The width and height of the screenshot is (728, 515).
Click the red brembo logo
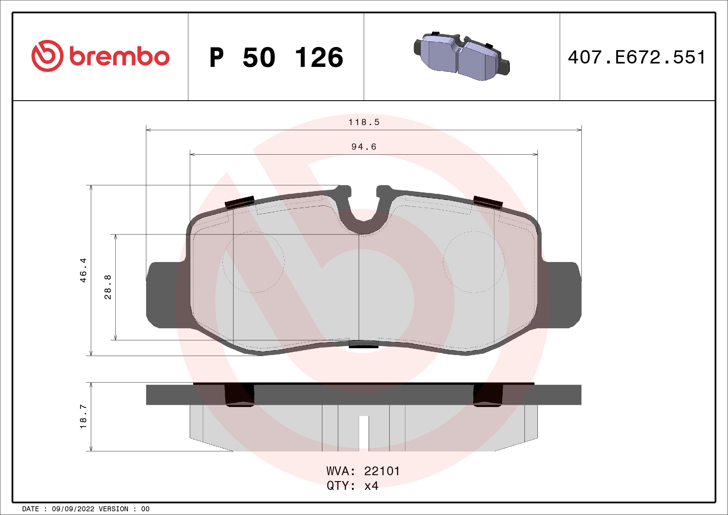(100, 56)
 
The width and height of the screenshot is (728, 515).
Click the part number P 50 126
(276, 57)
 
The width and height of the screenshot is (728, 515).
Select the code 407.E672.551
(637, 57)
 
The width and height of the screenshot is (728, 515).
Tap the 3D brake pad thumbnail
(462, 56)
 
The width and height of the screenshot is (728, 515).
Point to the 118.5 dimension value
(364, 122)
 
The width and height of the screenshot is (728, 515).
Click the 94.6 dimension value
(364, 147)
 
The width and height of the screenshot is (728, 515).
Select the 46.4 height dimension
(83, 270)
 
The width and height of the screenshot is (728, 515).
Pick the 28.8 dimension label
(108, 287)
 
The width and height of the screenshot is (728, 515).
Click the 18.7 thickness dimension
(83, 416)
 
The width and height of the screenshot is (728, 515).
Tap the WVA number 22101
(382, 471)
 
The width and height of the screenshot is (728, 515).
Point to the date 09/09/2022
(73, 509)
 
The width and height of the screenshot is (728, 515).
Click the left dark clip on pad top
(240, 202)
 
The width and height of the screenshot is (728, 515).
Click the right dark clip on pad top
(488, 202)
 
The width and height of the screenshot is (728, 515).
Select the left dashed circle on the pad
(253, 262)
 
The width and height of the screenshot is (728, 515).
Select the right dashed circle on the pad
(474, 262)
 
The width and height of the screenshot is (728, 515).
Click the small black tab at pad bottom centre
(363, 344)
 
